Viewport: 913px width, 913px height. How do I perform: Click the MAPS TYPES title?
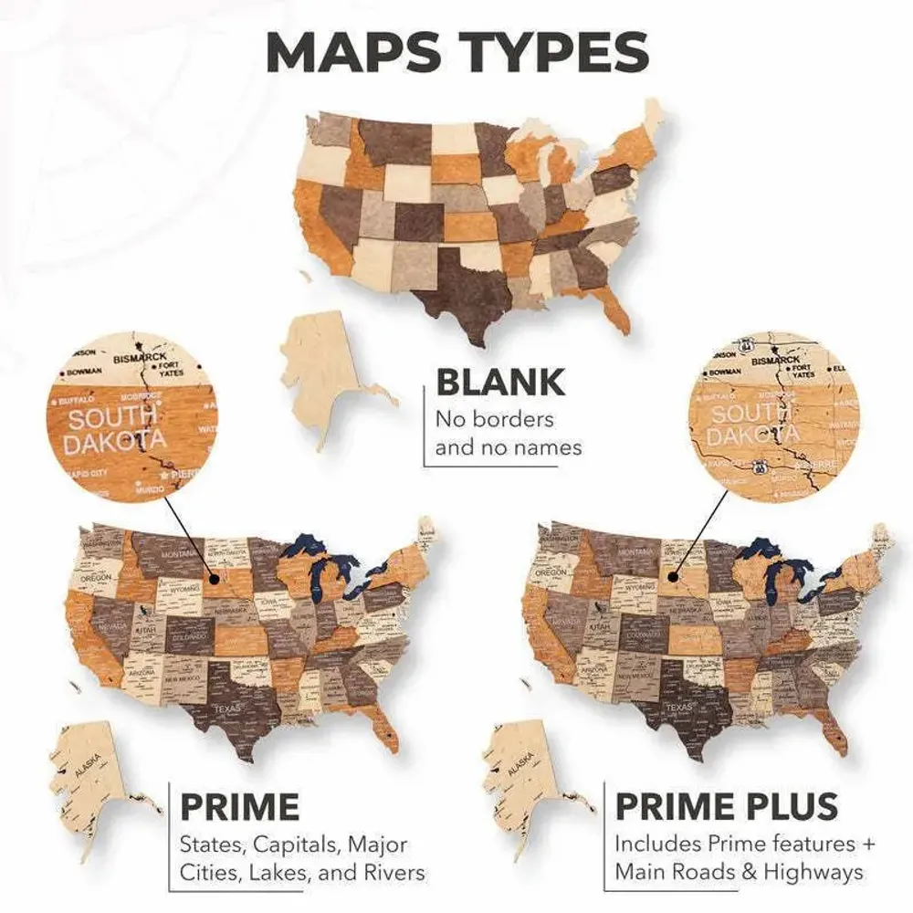pos(456,52)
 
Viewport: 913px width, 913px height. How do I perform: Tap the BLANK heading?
pos(500,383)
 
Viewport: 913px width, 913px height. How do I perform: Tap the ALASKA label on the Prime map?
pos(89,771)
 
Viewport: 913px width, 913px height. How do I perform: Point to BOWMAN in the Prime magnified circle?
pos(84,373)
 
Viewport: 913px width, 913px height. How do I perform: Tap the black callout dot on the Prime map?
pos(212,577)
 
